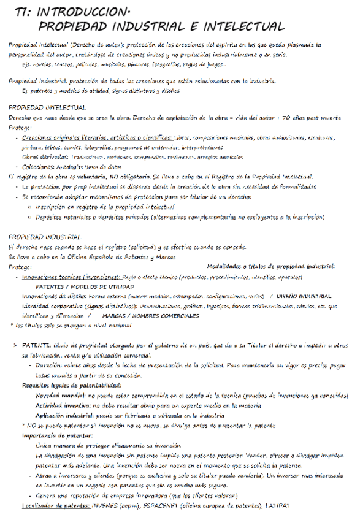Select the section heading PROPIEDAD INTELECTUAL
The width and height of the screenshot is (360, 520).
pos(47,107)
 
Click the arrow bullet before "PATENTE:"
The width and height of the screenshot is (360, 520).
pos(16,346)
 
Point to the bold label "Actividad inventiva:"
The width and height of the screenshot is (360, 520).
pos(64,405)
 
